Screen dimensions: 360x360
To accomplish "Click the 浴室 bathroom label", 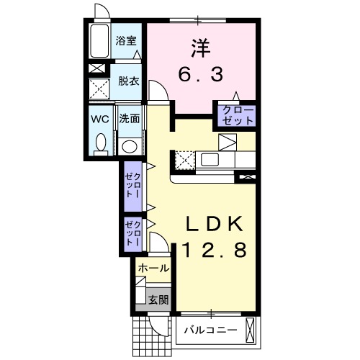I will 127,41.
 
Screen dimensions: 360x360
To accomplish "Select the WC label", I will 100,117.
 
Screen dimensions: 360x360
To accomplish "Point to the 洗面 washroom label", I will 130,117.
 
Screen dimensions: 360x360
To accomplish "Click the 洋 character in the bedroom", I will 202,48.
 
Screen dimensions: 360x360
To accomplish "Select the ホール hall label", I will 153,268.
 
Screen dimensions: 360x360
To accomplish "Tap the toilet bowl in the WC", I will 100,143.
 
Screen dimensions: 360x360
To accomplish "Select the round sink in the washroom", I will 130,146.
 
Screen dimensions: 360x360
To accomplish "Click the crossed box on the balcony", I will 251,332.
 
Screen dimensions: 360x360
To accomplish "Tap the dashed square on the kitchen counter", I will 184,159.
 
